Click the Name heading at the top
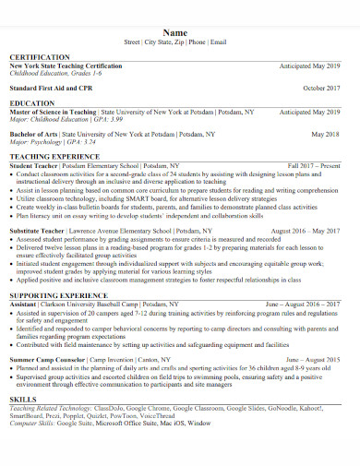[x=180, y=31]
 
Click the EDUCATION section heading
[x=31, y=103]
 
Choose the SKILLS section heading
[x=23, y=398]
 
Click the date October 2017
[x=321, y=88]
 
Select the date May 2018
[x=326, y=134]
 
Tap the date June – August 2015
[x=314, y=356]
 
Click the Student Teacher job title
[x=34, y=165]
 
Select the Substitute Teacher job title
[x=40, y=230]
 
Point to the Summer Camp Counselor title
[x=49, y=356]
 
